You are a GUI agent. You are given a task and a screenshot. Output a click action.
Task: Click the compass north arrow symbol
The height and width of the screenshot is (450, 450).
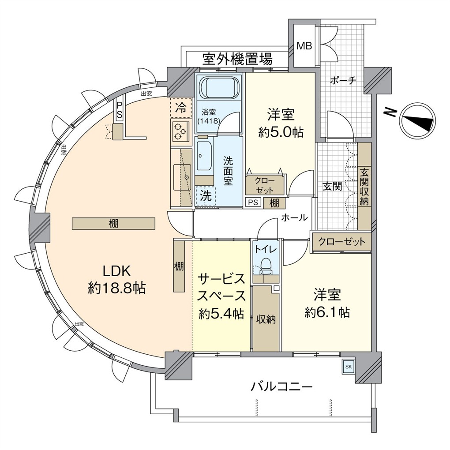point(417,120)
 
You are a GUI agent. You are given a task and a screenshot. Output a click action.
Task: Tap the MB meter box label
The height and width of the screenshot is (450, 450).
point(303,45)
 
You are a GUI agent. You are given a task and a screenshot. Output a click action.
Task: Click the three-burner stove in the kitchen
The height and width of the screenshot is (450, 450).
point(180,131)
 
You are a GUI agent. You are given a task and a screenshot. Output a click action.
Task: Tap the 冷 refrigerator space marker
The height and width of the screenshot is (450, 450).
point(181,107)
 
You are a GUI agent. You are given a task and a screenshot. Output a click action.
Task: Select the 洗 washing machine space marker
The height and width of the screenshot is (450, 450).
point(206,195)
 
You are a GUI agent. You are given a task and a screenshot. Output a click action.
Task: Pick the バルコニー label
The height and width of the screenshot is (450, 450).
point(282,387)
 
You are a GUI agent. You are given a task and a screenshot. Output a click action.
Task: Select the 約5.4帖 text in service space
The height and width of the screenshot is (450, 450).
point(221,314)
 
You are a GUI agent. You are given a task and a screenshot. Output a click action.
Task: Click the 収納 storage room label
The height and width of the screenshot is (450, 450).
point(266,319)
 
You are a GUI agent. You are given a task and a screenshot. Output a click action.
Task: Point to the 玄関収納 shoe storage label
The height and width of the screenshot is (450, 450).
point(364,186)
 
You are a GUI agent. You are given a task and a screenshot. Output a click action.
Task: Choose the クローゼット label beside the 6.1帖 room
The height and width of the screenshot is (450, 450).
point(341,242)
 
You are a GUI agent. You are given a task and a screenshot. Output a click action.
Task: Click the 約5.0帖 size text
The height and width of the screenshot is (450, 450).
point(281,132)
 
